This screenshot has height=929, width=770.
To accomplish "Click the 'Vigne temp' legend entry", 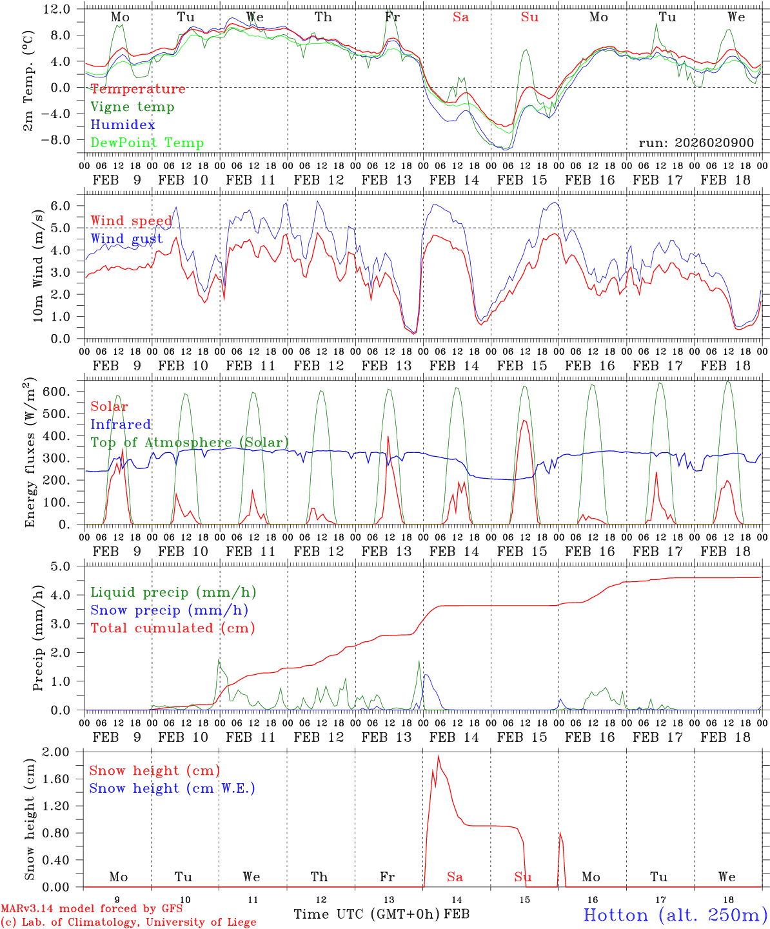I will [132, 107].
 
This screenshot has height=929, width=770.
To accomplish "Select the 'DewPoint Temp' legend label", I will [147, 143].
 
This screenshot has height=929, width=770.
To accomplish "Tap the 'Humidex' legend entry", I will [123, 125].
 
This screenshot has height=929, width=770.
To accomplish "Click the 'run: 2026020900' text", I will [696, 143].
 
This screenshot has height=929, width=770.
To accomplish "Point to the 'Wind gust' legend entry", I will [126, 239].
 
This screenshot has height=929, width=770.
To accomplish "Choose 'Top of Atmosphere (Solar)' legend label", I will [189, 443].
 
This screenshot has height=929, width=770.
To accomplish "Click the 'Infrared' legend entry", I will [121, 425].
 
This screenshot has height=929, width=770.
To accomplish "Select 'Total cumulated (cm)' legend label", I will [172, 628].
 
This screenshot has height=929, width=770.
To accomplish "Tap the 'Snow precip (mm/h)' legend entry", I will [169, 610].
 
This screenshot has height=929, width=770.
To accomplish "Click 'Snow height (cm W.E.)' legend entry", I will [172, 788].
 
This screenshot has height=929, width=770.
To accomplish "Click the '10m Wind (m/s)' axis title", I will [39, 265].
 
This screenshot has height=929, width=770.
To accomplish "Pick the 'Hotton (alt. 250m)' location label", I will [675, 915].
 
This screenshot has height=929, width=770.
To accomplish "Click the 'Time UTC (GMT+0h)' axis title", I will [367, 914].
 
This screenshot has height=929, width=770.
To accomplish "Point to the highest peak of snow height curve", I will [439, 756].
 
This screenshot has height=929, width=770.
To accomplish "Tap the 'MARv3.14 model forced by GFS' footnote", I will [92, 909].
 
